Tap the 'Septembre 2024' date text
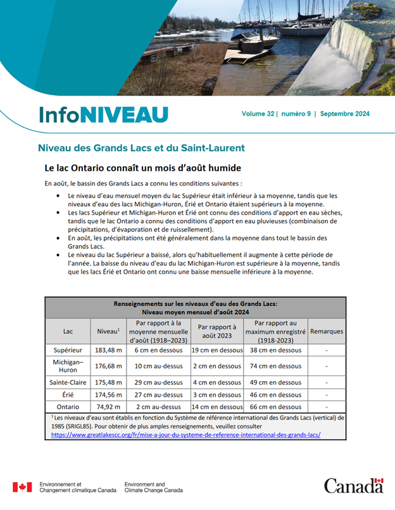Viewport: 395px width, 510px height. [x=345, y=114]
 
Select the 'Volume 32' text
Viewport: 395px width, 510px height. [x=258, y=114]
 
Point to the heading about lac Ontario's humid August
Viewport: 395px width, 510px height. [x=143, y=169]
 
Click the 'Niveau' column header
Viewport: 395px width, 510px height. [x=108, y=331]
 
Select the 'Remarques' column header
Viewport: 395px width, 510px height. [x=327, y=331]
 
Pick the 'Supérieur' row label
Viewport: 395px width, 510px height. [x=68, y=350]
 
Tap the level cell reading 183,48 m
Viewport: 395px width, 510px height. [x=108, y=350]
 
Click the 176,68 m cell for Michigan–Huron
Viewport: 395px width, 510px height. [x=108, y=366]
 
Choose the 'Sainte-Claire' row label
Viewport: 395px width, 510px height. [x=68, y=382]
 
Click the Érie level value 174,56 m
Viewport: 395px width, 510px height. [x=108, y=394]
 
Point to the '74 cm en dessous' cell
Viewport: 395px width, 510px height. [x=275, y=366]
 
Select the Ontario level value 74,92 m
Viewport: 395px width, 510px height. [x=108, y=407]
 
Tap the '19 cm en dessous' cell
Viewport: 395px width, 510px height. [x=217, y=350]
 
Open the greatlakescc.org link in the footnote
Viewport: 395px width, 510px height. [x=185, y=435]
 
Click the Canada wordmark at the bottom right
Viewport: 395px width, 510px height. [x=354, y=485]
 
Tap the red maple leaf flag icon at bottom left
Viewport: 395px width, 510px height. [x=22, y=487]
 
